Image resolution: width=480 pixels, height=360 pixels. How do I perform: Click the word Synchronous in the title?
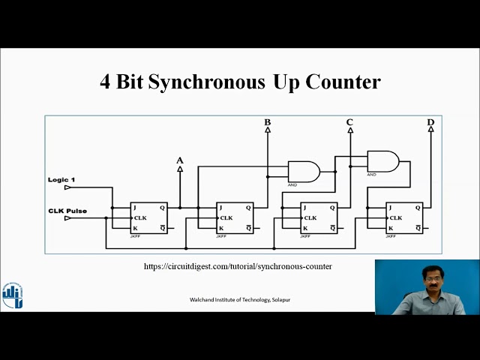(x=206, y=82)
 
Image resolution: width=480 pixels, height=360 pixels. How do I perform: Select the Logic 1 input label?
(x=61, y=180)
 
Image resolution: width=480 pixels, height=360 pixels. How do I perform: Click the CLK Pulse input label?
(x=67, y=211)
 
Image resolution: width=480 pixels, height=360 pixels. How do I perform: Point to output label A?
(x=179, y=160)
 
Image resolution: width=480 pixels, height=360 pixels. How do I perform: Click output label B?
(x=268, y=122)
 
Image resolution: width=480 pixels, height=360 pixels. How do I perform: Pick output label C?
(x=349, y=122)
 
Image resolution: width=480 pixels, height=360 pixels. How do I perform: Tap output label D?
(x=430, y=122)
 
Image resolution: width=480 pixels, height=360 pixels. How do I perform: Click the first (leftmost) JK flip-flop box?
(x=148, y=217)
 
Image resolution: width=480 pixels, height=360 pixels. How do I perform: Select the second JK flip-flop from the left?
(x=235, y=217)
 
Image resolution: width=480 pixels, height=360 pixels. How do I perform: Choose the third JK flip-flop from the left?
(x=319, y=217)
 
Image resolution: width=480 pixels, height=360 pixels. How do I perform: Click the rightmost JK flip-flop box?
(x=404, y=217)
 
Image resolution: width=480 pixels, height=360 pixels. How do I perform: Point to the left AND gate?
(x=303, y=172)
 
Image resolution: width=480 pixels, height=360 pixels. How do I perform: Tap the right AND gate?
(x=382, y=161)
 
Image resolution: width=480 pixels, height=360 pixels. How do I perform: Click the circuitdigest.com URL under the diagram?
(x=238, y=266)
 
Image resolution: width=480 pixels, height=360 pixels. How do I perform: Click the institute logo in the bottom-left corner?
(x=12, y=295)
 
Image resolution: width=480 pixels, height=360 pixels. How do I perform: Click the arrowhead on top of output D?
(x=430, y=129)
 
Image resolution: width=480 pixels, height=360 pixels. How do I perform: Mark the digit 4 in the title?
(x=105, y=82)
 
